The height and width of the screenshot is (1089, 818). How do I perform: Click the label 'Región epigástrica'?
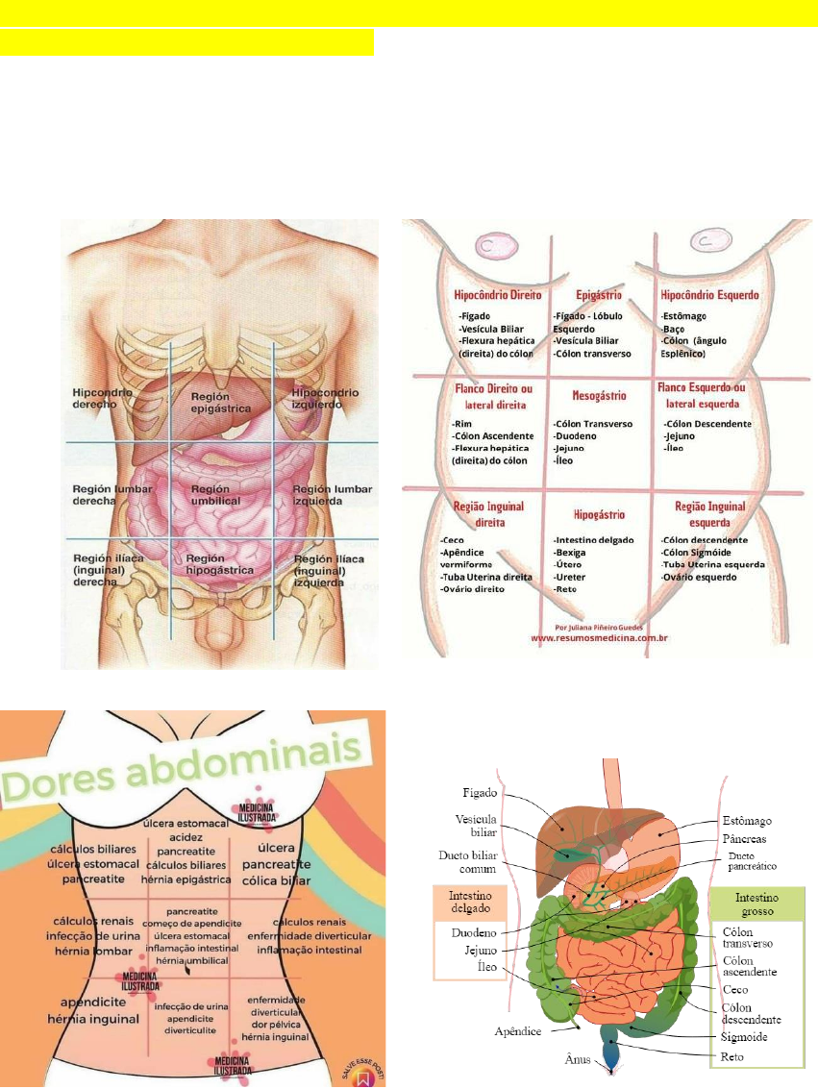point(220,402)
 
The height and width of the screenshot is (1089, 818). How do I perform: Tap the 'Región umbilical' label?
point(215,495)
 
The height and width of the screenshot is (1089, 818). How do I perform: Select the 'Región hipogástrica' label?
point(219,563)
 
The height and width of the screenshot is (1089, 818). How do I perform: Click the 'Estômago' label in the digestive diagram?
point(747,821)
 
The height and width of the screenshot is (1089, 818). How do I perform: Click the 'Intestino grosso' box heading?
point(757,904)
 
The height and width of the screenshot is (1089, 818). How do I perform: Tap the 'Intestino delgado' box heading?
point(471,903)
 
